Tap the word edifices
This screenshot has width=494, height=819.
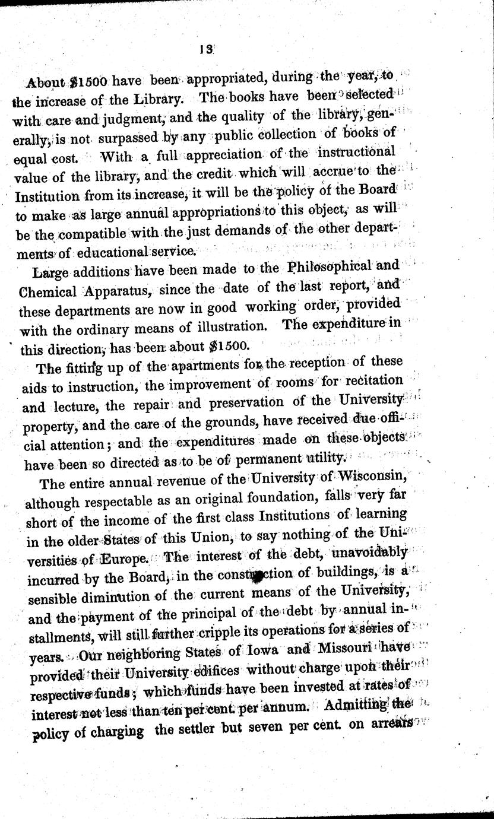coord(220,670)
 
